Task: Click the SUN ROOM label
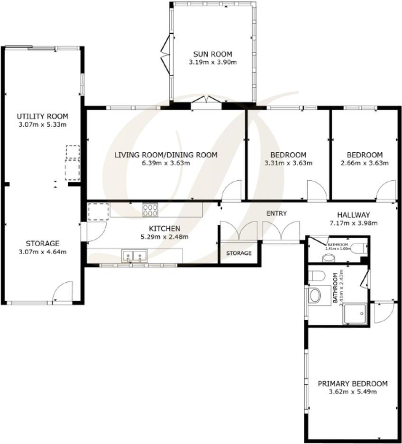pos(212,54)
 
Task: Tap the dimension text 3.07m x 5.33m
pos(43,125)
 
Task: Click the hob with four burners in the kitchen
pos(150,209)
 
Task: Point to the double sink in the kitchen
pos(134,256)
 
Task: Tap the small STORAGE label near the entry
pos(238,253)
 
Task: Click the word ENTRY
pos(276,213)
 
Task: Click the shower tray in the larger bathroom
pos(355,314)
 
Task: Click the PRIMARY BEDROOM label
pos(353,383)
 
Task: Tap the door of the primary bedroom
pos(383,312)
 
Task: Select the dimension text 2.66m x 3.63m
pos(365,163)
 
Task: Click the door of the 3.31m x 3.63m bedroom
pos(315,190)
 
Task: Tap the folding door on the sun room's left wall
pos(165,56)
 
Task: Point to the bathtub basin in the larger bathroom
pos(315,296)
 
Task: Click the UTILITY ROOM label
pos(43,116)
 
